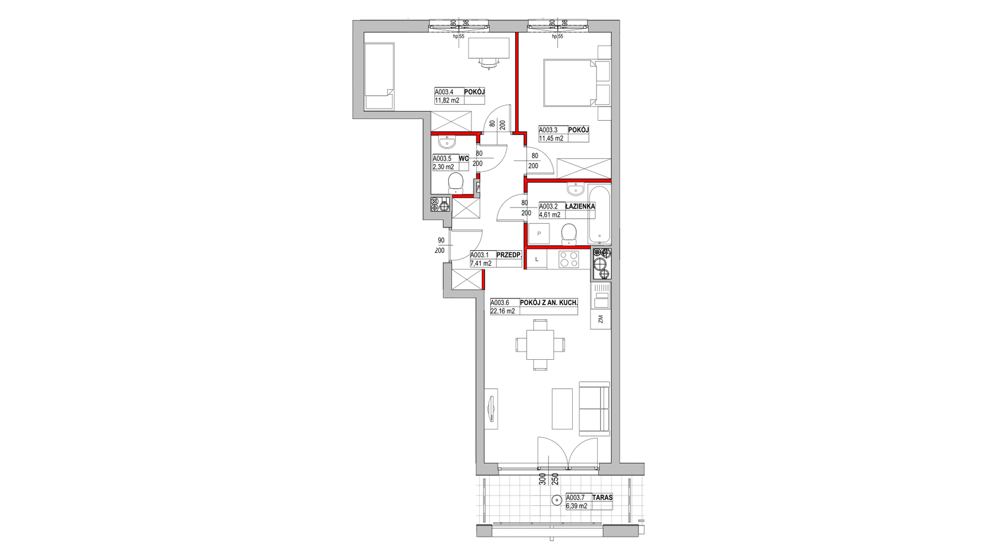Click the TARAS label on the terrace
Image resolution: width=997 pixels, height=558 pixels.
603,497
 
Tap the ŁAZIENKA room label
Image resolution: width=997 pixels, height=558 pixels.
580,206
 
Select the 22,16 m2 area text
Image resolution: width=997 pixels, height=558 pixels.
502,311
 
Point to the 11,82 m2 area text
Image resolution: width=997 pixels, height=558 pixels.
447,101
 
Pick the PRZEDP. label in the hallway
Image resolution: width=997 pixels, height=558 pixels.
509,255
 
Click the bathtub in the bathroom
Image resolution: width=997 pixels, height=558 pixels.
599,215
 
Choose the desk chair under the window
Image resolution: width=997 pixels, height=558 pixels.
489,63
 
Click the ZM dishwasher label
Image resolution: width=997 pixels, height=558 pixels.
600,319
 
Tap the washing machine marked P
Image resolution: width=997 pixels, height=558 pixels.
538,234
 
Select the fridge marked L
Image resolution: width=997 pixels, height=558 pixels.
536,259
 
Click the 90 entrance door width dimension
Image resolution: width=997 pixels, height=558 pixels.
441,240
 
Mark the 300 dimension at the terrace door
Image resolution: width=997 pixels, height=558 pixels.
543,479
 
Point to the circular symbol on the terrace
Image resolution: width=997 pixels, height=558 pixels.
556,501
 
